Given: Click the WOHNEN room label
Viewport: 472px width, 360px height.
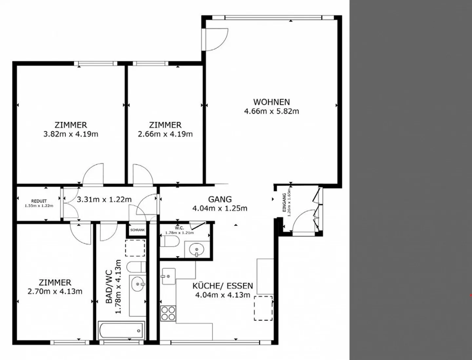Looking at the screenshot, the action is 271,102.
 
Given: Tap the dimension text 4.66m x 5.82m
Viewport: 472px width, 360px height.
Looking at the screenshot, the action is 271,111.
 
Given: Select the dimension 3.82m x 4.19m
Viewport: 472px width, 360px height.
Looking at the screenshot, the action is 71,134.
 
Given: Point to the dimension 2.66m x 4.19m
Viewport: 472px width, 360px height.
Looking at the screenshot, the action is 165,134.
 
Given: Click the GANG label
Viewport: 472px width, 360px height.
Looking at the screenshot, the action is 220,199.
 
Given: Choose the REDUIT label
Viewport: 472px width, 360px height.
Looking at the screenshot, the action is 39,201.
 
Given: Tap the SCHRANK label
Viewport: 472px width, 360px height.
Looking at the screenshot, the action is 138,230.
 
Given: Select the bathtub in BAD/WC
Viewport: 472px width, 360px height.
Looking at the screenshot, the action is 121,331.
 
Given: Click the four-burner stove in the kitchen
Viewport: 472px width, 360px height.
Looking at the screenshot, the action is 168,313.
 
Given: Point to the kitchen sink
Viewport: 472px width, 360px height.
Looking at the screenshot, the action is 168,276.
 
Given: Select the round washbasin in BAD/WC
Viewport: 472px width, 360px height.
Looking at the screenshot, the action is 138,284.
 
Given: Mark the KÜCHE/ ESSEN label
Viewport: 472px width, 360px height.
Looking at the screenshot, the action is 223,286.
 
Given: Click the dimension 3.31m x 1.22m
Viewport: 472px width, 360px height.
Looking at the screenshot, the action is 104,199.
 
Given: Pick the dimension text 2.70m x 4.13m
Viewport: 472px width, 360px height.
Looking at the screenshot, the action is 55,292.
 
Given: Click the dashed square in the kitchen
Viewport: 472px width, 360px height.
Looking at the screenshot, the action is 263,308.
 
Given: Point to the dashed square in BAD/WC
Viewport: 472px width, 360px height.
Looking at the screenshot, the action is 135,248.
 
